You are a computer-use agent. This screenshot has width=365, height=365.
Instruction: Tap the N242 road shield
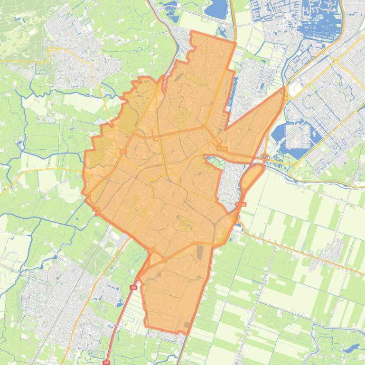click(241, 204)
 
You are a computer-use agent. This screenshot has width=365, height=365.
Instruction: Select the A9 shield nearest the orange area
click(133, 288)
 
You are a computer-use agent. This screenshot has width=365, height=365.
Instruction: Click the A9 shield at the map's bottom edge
click(107, 361)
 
